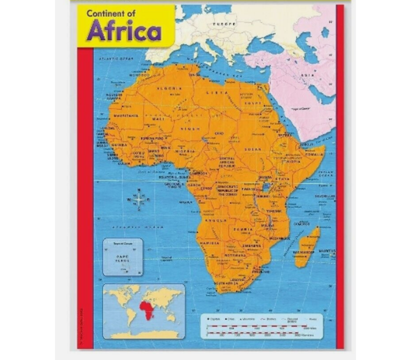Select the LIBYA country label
(x=217, y=93)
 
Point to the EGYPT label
(x=253, y=103)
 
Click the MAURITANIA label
(x=126, y=116)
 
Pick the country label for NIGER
(x=191, y=129)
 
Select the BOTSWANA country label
(x=236, y=255)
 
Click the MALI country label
(x=158, y=119)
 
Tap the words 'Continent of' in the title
(x=111, y=14)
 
